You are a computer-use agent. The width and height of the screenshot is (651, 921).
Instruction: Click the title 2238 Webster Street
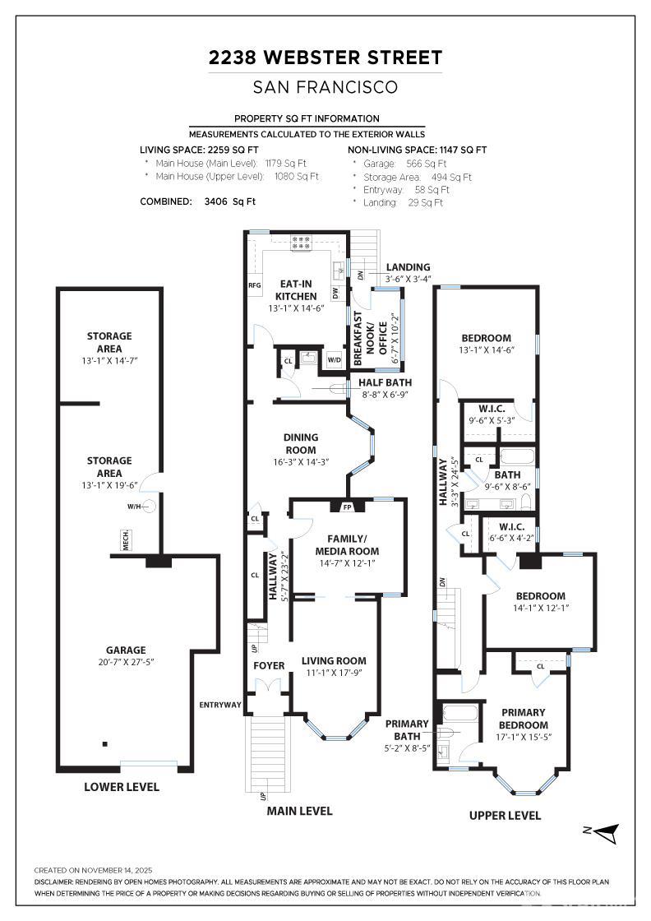(325, 58)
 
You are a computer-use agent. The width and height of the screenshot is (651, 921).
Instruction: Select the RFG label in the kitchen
(254, 285)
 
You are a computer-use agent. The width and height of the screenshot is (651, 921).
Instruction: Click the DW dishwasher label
(335, 292)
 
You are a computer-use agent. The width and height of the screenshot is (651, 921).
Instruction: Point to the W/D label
(334, 359)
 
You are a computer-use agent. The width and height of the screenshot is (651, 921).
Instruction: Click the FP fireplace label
(335, 507)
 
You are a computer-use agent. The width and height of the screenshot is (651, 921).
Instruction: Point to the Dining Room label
(300, 443)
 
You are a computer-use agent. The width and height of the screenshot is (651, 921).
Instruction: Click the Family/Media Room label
(347, 545)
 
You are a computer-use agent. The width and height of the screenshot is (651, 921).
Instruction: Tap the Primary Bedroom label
(524, 719)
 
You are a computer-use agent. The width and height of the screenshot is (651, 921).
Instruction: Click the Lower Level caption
(122, 787)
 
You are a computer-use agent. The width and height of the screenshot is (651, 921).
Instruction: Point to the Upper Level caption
(505, 815)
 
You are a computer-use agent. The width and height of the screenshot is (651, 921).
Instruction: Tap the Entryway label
(219, 705)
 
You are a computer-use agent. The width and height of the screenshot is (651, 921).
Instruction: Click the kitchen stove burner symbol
(300, 242)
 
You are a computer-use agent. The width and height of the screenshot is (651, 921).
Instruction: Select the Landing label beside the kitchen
(408, 267)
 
